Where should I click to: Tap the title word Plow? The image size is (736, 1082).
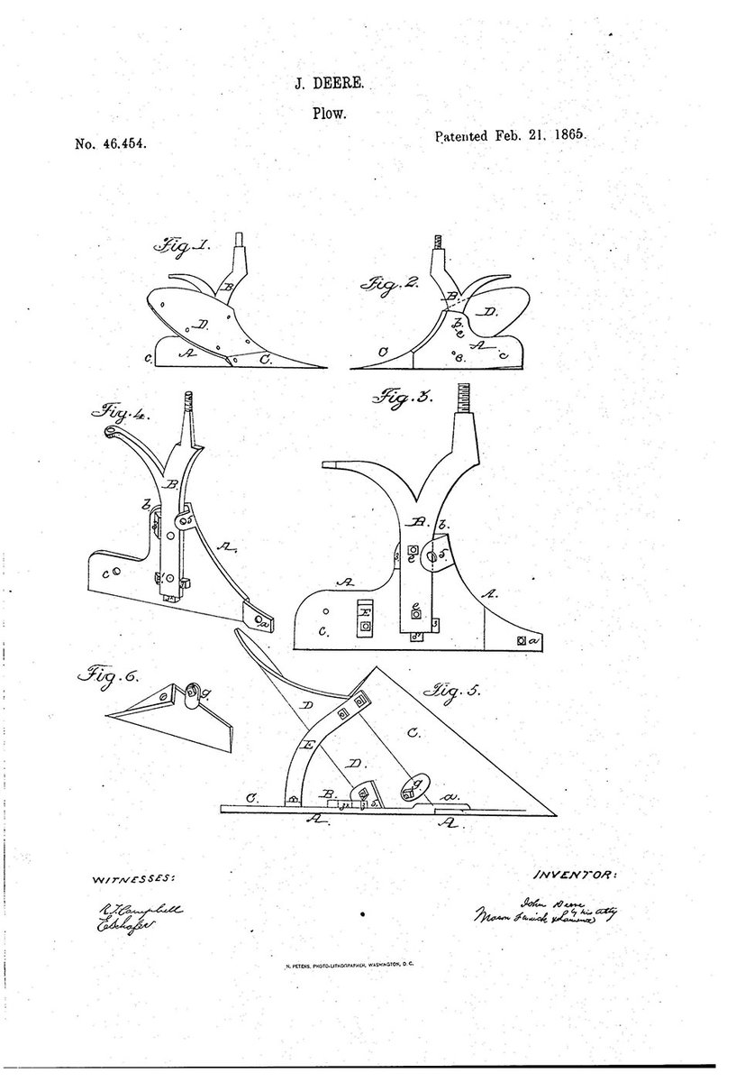tap(330, 115)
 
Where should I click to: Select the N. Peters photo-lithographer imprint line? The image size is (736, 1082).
tap(354, 965)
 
